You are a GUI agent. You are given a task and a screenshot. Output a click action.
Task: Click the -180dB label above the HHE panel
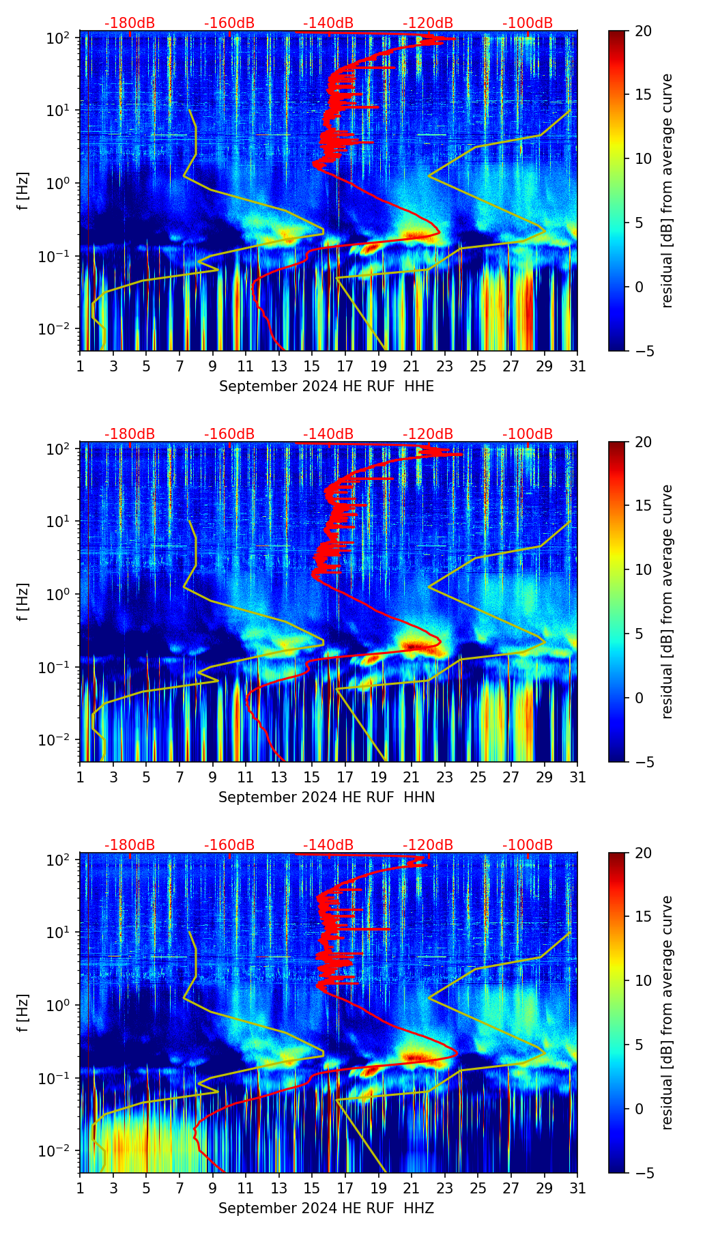pyautogui.click(x=130, y=23)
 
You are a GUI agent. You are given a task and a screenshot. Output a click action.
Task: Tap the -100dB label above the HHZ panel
pyautogui.click(x=528, y=845)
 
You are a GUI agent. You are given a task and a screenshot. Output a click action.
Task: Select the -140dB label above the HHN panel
pyautogui.click(x=328, y=434)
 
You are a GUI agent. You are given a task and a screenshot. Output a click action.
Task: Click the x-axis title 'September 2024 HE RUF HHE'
pyautogui.click(x=326, y=386)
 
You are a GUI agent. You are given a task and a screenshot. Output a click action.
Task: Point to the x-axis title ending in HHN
pyautogui.click(x=326, y=797)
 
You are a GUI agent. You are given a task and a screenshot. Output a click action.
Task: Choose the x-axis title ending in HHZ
pyautogui.click(x=326, y=1208)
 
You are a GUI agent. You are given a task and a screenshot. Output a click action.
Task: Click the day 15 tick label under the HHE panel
pyautogui.click(x=312, y=367)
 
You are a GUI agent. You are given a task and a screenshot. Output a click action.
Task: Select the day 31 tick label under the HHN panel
pyautogui.click(x=577, y=778)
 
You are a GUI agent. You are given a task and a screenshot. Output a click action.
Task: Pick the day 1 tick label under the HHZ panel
pyautogui.click(x=80, y=1189)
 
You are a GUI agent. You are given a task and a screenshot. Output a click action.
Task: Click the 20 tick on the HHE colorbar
pyautogui.click(x=644, y=31)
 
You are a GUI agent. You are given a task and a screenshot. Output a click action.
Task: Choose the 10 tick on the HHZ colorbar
pyautogui.click(x=644, y=981)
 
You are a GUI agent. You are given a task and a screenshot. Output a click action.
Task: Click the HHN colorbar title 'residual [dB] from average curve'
pyautogui.click(x=667, y=601)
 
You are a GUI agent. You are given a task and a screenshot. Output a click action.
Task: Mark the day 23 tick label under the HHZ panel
pyautogui.click(x=444, y=1189)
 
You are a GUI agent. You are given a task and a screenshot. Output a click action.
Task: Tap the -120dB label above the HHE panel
pyautogui.click(x=428, y=23)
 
